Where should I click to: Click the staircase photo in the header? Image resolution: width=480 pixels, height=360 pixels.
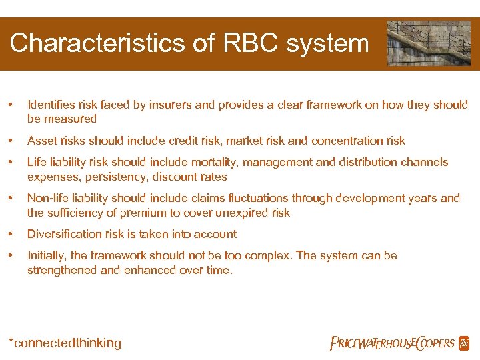pos(428,43)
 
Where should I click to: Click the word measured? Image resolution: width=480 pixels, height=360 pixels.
pos(70,119)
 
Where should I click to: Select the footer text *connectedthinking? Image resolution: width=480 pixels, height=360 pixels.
pos(65,343)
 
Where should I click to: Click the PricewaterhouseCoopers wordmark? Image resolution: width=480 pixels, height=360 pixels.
pos(392,343)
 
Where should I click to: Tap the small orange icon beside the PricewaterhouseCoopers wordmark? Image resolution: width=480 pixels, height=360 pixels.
pos(464,343)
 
